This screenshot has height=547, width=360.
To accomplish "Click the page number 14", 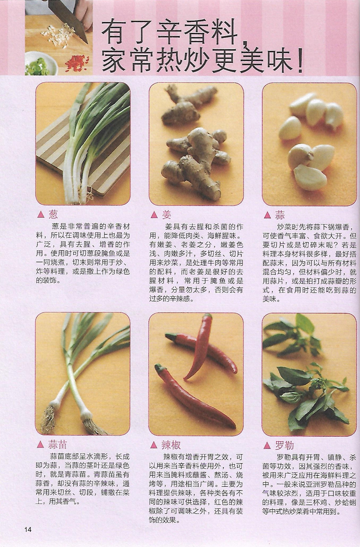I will (28, 529).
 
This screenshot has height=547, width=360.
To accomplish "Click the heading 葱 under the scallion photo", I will (53, 214).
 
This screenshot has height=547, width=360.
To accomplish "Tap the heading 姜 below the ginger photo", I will (167, 215).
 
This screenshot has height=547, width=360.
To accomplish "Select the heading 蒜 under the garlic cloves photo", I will (280, 215).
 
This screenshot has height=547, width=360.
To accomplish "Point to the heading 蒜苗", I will (57, 444).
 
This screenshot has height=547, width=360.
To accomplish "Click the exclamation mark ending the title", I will (299, 62).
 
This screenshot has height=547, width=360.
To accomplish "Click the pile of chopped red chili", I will (77, 63).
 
